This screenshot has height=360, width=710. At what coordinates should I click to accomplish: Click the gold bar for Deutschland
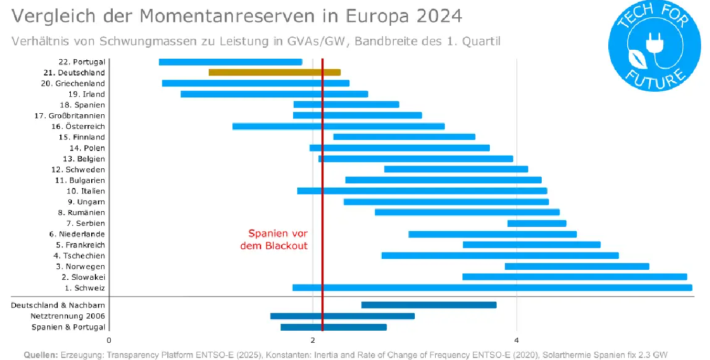point(274,72)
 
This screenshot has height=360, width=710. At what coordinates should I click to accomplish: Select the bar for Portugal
point(230,62)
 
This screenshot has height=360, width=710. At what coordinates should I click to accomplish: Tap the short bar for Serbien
point(536,223)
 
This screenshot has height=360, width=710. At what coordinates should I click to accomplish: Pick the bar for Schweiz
point(492,288)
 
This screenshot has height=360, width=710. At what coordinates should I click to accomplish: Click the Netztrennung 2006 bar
point(342,316)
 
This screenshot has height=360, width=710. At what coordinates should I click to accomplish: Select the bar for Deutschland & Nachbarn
point(428,305)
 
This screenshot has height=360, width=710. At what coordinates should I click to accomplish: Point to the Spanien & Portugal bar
point(334,327)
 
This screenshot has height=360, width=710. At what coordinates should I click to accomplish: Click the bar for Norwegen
point(577,266)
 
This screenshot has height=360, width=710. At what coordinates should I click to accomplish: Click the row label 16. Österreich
point(78,126)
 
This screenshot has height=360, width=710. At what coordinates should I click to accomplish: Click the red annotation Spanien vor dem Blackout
point(278,239)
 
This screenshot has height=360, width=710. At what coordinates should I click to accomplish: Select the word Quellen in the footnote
point(41,355)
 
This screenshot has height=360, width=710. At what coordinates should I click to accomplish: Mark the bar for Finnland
point(404,137)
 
